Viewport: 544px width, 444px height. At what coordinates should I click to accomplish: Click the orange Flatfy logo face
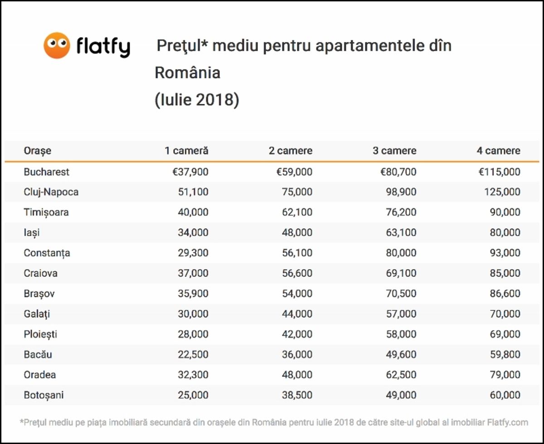pos(57,45)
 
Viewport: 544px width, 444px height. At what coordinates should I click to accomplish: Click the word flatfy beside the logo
pos(103,47)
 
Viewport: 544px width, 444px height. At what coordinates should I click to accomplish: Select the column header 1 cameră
pos(186,151)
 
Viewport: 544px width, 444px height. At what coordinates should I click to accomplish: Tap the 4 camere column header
pos(498,151)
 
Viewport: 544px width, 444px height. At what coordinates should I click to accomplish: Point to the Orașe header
pos(38,151)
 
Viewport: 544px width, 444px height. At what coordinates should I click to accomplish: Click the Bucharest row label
pos(47,172)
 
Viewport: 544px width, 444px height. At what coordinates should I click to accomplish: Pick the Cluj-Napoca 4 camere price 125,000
pos(501,192)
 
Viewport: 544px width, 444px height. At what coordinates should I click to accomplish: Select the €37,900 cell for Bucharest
pos(190,172)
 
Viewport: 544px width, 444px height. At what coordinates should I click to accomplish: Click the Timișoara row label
pos(46,212)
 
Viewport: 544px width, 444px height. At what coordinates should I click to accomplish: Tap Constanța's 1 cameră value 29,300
pos(193,253)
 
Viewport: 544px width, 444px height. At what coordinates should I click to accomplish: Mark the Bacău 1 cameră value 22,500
pos(193,355)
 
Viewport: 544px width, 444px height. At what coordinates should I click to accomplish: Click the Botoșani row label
pos(44,395)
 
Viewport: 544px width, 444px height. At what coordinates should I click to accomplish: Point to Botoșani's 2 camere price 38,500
pos(297,395)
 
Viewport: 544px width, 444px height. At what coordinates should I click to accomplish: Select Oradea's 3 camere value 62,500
pos(401,375)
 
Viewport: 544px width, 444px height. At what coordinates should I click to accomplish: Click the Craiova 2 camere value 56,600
pos(297,273)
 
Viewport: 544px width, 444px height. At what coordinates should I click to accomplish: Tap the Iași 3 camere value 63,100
pos(401,232)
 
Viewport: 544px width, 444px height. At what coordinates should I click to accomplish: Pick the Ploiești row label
pos(40,334)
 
